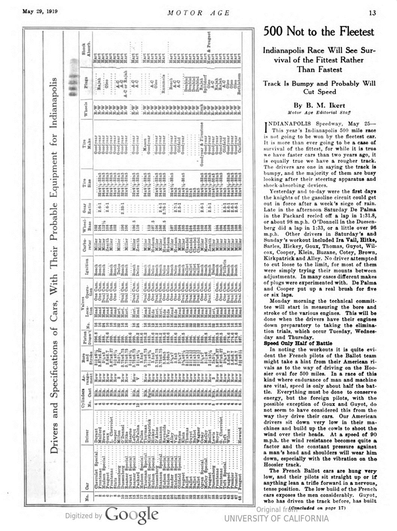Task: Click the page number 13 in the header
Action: tap(373, 13)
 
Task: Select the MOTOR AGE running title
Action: tap(198, 13)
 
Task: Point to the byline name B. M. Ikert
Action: tap(319, 105)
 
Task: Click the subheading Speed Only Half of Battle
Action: tap(298, 343)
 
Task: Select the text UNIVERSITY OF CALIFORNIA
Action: tap(276, 519)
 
